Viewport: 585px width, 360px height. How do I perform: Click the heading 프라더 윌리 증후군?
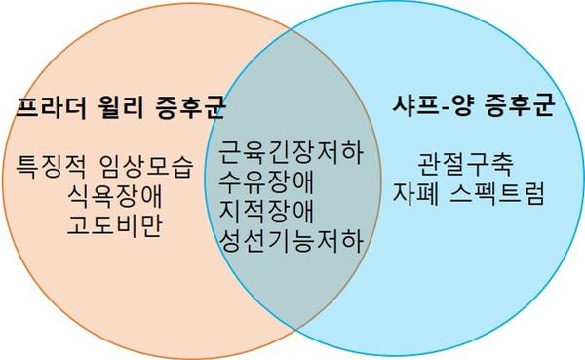105,107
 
